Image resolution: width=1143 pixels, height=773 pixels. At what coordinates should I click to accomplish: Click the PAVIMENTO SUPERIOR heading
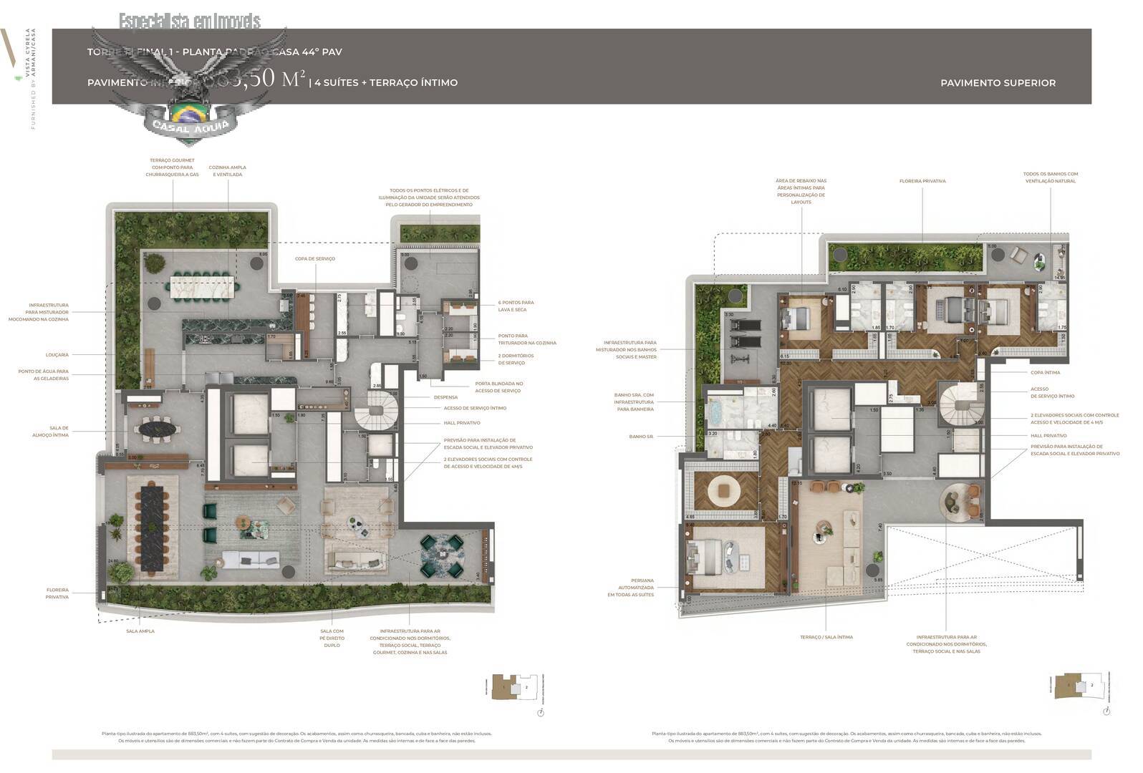(x=998, y=83)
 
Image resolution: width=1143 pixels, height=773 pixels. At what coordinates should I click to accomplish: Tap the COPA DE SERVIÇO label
(x=314, y=258)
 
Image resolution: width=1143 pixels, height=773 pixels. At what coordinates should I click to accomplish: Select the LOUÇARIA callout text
(x=57, y=354)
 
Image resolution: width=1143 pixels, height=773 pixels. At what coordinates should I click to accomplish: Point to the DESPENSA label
(x=445, y=397)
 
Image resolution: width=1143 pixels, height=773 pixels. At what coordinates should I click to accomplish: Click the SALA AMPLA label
(x=140, y=631)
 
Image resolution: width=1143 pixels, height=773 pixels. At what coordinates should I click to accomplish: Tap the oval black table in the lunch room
(x=156, y=429)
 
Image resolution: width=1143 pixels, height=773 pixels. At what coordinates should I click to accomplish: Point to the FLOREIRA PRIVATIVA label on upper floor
(x=922, y=181)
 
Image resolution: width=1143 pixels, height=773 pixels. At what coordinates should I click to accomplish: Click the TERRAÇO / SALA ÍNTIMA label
(x=826, y=636)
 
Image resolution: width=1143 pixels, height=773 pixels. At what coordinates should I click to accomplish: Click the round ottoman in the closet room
(x=722, y=491)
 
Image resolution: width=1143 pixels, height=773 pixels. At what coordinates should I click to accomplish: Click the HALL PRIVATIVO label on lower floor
(x=462, y=423)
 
